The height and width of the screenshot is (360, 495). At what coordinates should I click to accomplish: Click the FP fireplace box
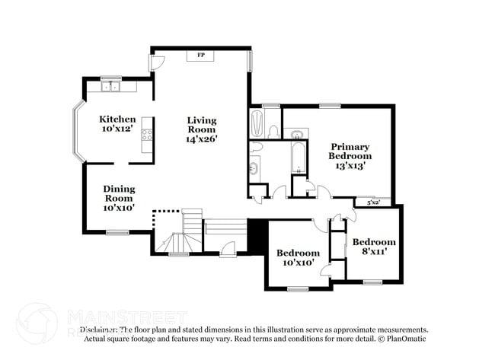click(201, 55)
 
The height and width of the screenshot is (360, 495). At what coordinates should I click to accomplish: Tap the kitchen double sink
click(111, 88)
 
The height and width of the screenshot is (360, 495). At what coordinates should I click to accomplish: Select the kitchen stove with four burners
click(146, 135)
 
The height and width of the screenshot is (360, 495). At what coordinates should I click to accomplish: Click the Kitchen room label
click(118, 119)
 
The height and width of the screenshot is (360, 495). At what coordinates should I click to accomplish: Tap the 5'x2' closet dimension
click(374, 202)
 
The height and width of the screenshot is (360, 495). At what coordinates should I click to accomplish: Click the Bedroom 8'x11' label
click(372, 246)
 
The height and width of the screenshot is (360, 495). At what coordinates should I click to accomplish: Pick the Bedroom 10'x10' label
click(297, 257)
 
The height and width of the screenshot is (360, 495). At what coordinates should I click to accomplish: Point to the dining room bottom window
click(117, 232)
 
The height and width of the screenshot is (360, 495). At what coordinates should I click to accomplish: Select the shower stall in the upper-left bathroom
click(257, 122)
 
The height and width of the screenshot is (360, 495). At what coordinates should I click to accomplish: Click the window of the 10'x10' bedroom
click(298, 288)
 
